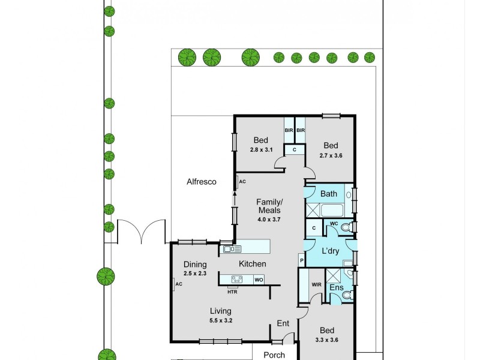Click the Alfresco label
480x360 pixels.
click(201, 182)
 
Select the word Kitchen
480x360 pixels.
click(252, 264)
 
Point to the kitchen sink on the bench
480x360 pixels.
click(231, 248)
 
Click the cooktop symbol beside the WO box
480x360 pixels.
click(236, 279)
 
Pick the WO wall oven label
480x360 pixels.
click(258, 280)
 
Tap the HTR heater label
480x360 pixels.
click(232, 292)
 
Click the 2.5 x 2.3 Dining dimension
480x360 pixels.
click(195, 274)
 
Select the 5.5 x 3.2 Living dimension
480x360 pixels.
click(221, 320)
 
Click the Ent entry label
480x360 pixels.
click(283, 324)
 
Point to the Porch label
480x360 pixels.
click(274, 355)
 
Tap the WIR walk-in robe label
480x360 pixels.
click(317, 285)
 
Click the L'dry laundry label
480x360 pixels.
click(331, 251)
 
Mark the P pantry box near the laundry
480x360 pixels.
click(302, 260)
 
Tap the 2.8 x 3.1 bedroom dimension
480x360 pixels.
click(260, 150)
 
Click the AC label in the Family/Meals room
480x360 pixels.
click(242, 181)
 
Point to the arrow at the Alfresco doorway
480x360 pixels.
click(235, 197)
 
